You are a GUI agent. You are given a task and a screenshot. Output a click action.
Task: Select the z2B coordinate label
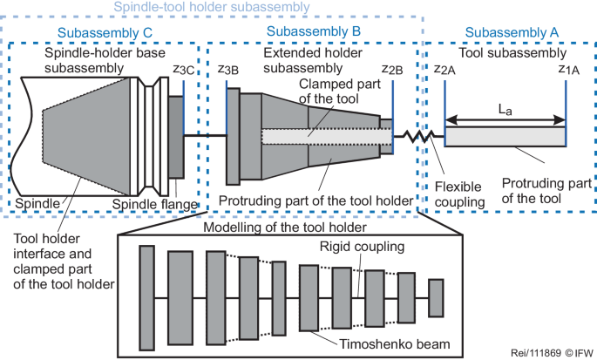coord(391,67)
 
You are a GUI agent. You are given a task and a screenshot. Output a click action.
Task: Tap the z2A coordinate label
coord(444,67)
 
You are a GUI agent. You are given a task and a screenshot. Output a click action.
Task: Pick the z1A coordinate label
coord(558,67)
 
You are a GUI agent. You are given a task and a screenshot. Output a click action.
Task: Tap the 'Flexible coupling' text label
coord(461,193)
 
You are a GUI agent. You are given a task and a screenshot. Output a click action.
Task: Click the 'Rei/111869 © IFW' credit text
coord(548,353)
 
